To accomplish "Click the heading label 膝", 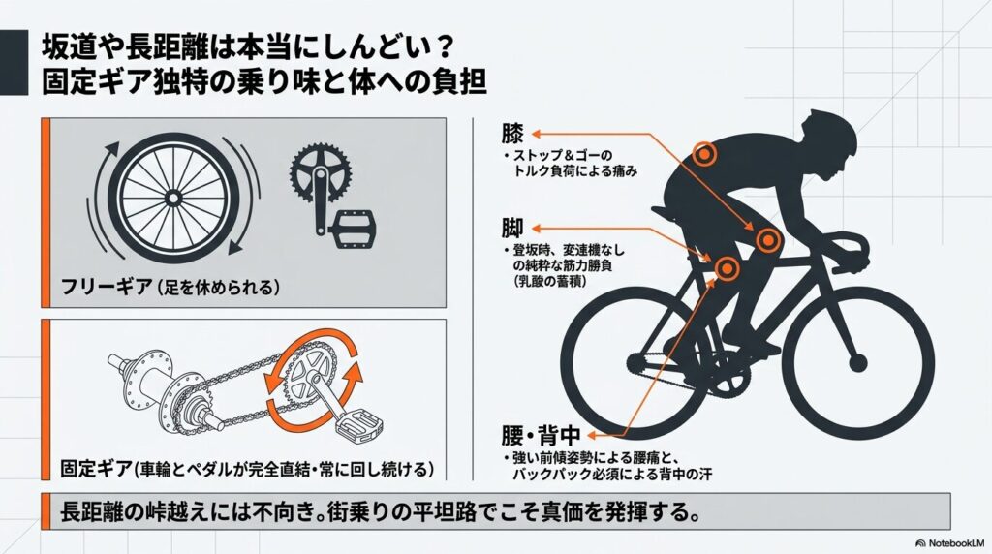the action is [513, 134].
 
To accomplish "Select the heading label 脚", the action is [512, 229].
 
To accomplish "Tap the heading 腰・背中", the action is [542, 436].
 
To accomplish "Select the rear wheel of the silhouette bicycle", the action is [635, 363].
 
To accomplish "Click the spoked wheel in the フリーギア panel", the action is [172, 198].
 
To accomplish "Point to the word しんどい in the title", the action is [392, 48].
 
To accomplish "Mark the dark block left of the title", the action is [14, 63].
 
